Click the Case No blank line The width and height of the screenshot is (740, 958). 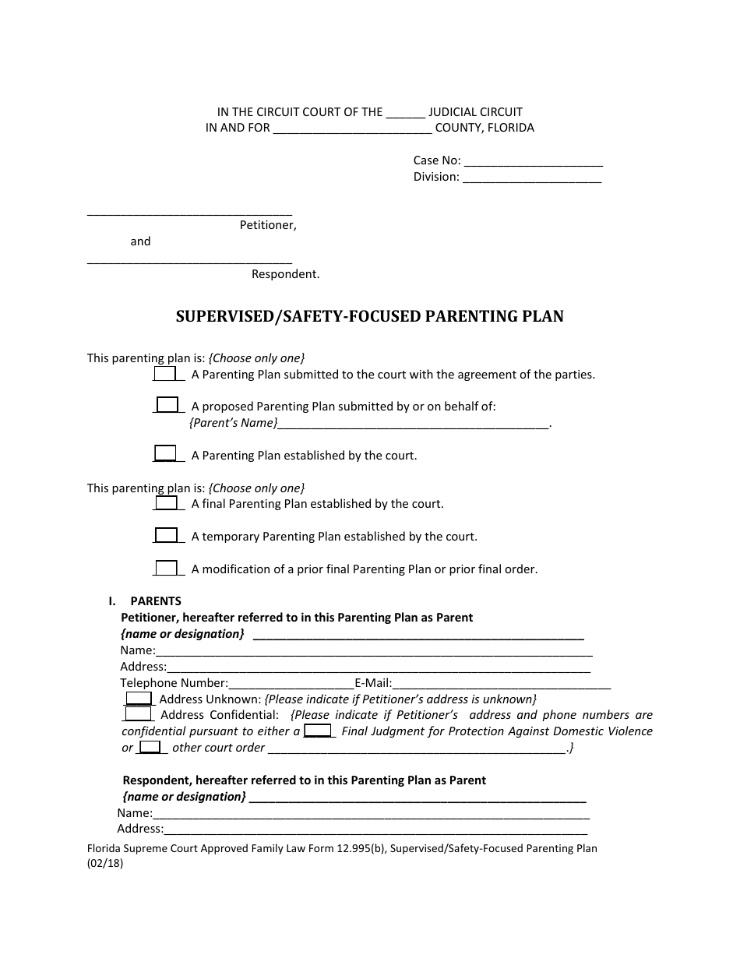533,162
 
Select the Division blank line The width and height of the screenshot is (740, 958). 532,178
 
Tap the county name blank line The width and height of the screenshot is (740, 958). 352,129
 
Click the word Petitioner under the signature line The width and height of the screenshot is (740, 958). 268,226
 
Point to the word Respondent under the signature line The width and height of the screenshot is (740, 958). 285,274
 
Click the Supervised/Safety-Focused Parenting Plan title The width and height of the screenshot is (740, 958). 369,316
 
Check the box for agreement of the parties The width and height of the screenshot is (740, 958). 165,374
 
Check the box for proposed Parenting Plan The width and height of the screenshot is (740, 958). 167,405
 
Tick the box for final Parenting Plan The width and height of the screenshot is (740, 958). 166,503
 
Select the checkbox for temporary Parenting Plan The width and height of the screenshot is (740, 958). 166,536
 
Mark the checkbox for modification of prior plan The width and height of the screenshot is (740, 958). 166,569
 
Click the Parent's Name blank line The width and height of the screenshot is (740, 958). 413,424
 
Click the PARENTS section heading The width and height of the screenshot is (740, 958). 156,601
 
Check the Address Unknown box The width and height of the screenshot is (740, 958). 139,699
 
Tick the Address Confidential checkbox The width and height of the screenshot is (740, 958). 138,714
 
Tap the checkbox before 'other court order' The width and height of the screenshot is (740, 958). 150,748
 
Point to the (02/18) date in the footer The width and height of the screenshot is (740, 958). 105,864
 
